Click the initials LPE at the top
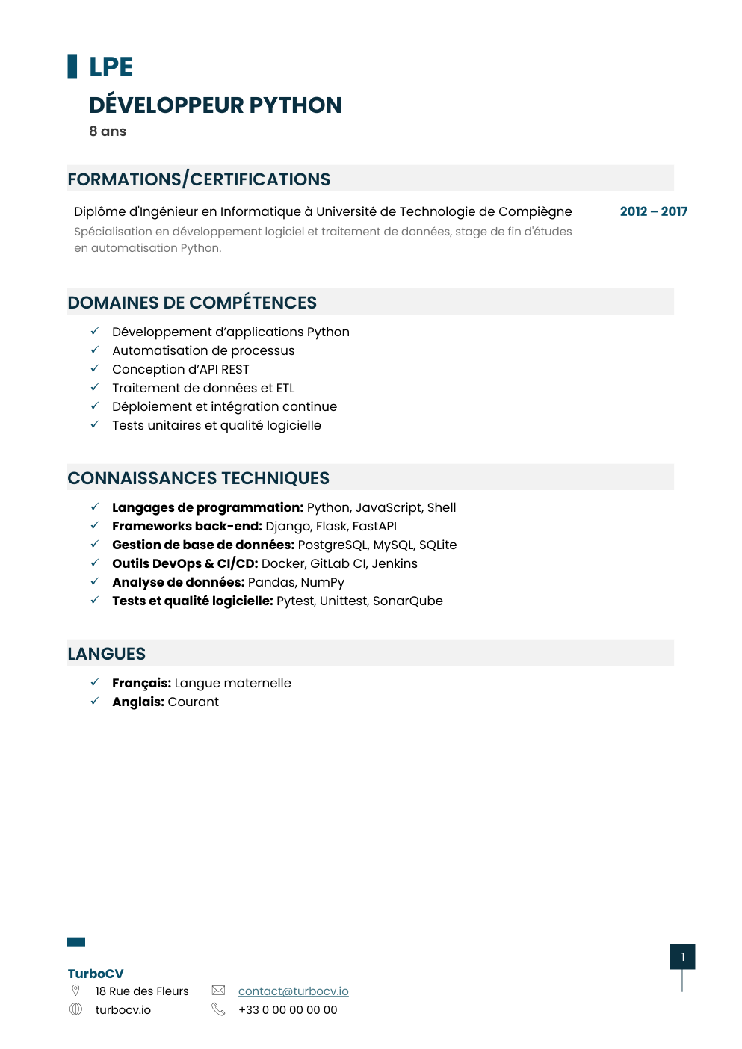click(x=111, y=67)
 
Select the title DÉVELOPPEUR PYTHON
click(x=215, y=105)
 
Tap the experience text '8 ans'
click(x=108, y=131)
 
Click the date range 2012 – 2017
click(x=653, y=211)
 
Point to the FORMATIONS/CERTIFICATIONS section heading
click(x=199, y=179)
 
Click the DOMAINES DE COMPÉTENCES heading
click(x=192, y=303)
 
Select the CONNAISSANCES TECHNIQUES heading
click(x=198, y=478)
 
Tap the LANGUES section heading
click(x=106, y=654)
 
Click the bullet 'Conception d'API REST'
click(x=180, y=369)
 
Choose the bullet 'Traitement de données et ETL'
click(x=203, y=388)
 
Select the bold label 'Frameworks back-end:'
click(x=187, y=526)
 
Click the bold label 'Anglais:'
click(x=138, y=702)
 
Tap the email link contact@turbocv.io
click(x=293, y=991)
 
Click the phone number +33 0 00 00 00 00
click(x=288, y=1010)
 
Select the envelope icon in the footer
click(x=218, y=991)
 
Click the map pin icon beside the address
click(x=75, y=991)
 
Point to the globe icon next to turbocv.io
click(x=75, y=1009)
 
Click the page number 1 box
click(x=682, y=957)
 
